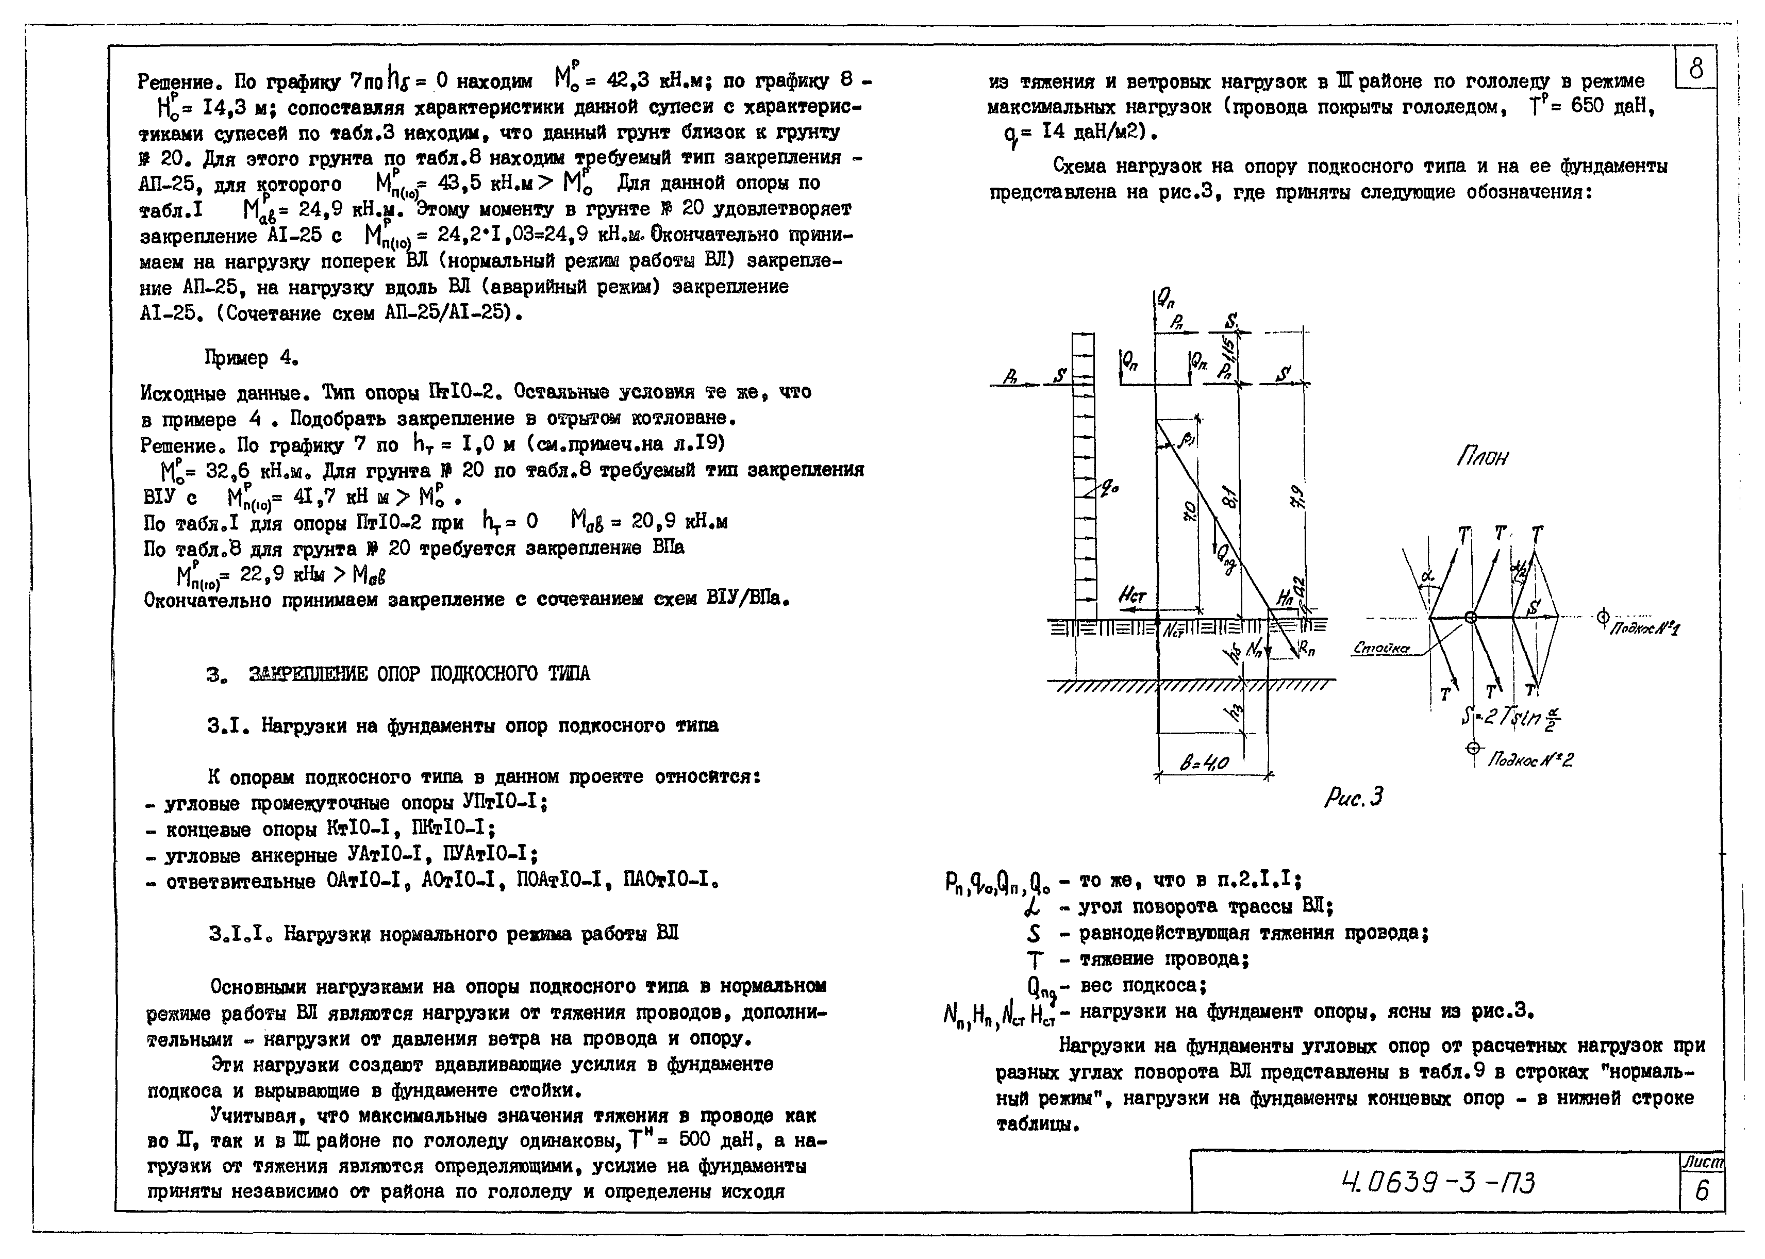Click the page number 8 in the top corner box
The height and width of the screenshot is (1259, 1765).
coord(1696,70)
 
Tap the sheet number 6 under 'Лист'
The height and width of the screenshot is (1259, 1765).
coord(1702,1190)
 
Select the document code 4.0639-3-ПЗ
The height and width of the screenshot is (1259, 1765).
coord(1437,1182)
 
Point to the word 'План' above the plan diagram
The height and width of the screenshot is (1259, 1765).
coord(1481,457)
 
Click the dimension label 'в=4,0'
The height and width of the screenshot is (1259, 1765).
coord(1205,764)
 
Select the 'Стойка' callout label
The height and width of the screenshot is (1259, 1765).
coord(1381,648)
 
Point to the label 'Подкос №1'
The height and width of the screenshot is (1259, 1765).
coord(1643,628)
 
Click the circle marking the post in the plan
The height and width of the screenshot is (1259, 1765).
coord(1471,617)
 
